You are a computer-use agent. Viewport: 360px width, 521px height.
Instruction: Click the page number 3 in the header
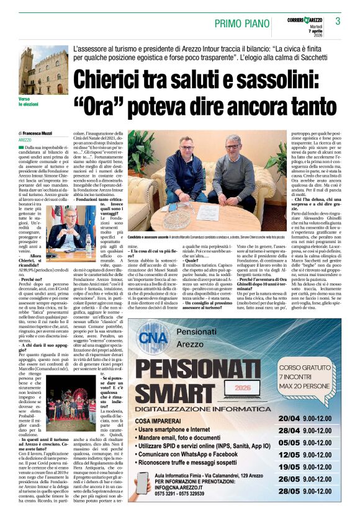338,22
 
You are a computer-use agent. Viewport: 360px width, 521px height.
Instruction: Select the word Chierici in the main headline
122,81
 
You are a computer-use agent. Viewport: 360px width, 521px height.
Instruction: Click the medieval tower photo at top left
43,69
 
